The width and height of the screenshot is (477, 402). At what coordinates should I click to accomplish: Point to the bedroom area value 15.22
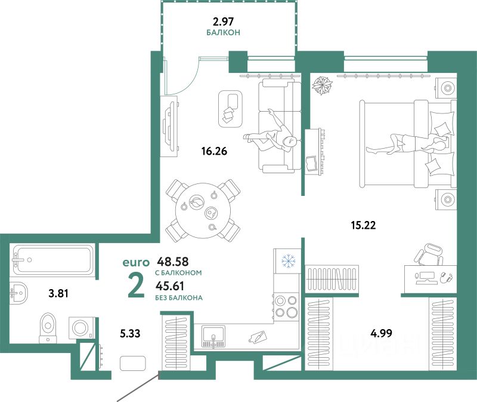tap(364, 225)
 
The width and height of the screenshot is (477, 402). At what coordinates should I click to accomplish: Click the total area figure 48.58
tap(171, 262)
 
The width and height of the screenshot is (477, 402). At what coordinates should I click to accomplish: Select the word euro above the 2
tap(135, 262)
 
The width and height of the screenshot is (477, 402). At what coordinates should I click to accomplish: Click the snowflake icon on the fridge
tap(289, 261)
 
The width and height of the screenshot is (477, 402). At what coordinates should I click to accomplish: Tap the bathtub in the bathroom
tap(53, 260)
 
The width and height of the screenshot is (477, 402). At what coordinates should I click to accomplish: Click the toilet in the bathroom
tap(46, 327)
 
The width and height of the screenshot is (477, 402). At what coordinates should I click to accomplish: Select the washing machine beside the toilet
tap(80, 327)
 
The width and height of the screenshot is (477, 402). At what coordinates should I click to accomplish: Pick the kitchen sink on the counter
tap(212, 336)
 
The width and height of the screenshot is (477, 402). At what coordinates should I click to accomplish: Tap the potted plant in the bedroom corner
tap(323, 86)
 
